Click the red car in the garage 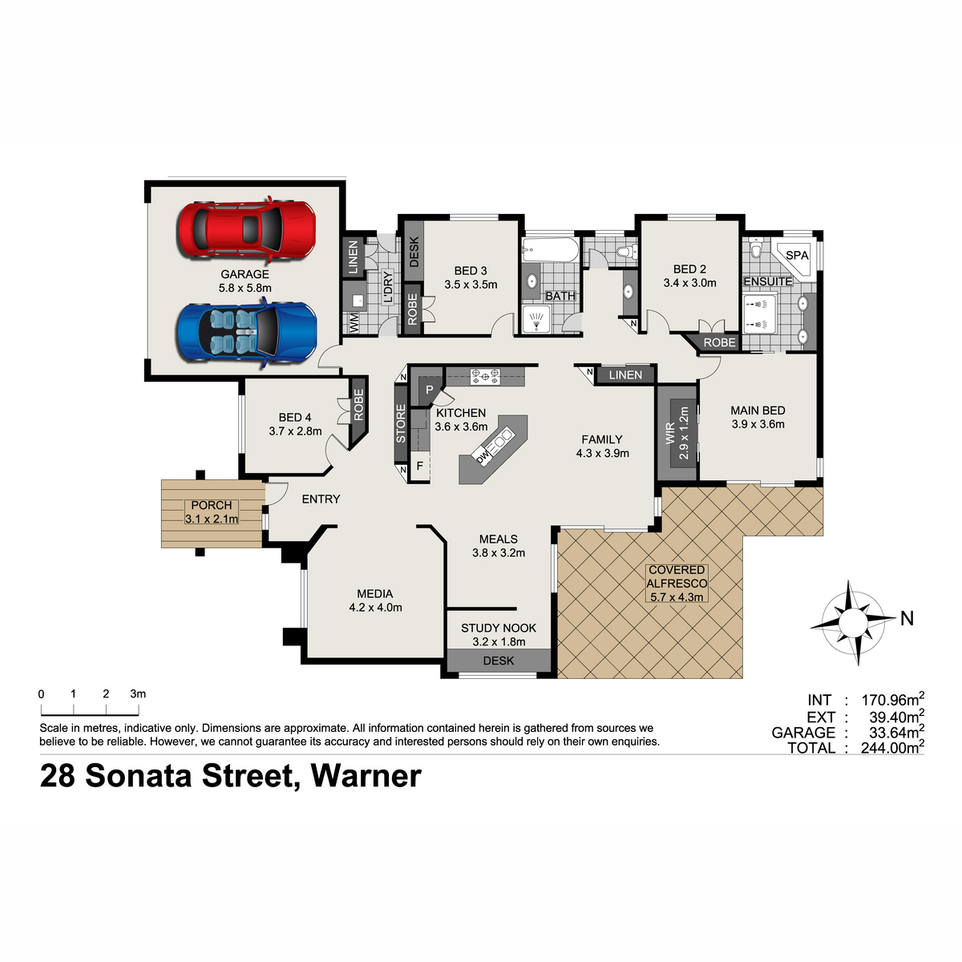click(x=247, y=229)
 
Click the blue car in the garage click(x=247, y=333)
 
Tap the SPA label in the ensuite click(x=797, y=255)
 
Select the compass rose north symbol click(x=853, y=622)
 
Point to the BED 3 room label click(x=471, y=271)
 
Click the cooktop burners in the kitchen click(x=485, y=376)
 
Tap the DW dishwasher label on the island click(x=482, y=457)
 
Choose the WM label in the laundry click(x=354, y=322)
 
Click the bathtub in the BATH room click(x=550, y=249)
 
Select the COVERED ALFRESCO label click(x=677, y=576)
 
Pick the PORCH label click(x=211, y=505)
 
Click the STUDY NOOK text click(x=498, y=628)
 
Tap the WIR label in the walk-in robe click(x=670, y=434)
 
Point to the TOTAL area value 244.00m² click(x=892, y=747)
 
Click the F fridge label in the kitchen click(x=420, y=466)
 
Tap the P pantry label click(x=429, y=390)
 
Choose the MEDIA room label click(x=374, y=593)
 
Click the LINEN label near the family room click(x=625, y=375)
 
